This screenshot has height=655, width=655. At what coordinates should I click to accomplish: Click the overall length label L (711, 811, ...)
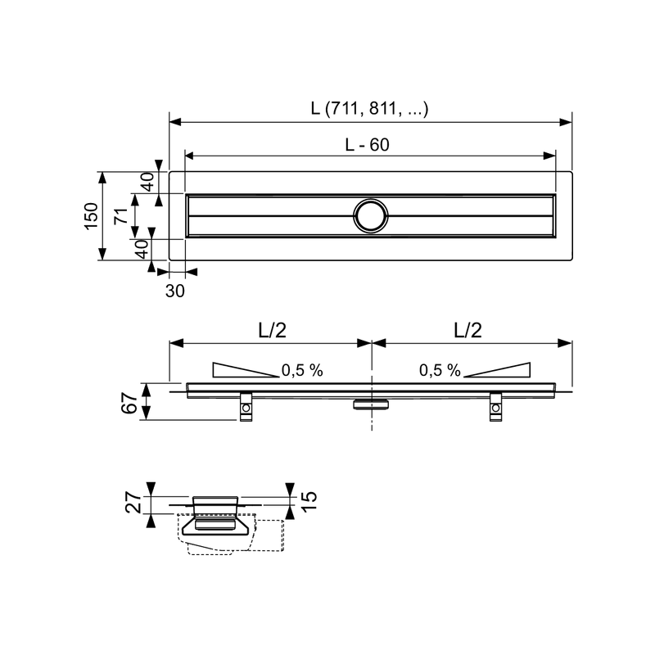click(x=369, y=109)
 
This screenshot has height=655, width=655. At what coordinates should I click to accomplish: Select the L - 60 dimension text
click(x=367, y=145)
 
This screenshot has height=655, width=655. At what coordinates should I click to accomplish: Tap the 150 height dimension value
click(x=92, y=215)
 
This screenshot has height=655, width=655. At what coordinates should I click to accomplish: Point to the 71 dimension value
click(x=121, y=216)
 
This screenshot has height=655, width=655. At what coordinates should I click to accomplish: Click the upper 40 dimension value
click(x=147, y=182)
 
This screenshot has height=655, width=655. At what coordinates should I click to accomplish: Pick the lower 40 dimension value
click(x=142, y=249)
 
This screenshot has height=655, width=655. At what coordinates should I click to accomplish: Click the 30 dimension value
click(x=174, y=291)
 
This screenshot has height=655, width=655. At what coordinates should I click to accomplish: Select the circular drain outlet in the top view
click(x=371, y=216)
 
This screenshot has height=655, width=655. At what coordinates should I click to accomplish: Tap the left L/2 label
click(x=273, y=330)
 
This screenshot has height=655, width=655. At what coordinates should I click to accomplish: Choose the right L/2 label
click(x=468, y=330)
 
